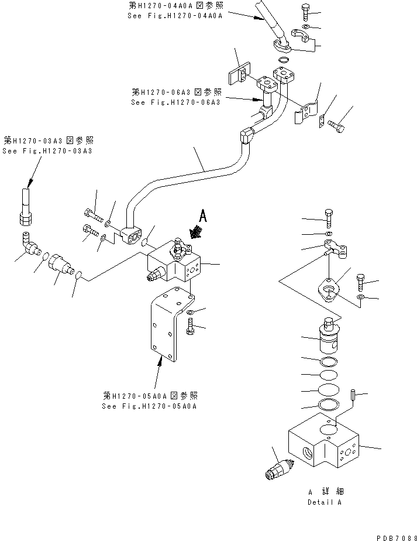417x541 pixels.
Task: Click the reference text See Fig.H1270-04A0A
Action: pos(175,16)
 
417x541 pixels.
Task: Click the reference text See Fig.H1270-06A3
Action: pos(175,102)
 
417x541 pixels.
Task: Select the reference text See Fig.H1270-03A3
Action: pos(47,151)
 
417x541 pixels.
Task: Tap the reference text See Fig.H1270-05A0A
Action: pos(150,406)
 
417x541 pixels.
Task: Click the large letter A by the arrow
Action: pos(203,217)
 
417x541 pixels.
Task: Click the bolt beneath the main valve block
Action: pos(191,328)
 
